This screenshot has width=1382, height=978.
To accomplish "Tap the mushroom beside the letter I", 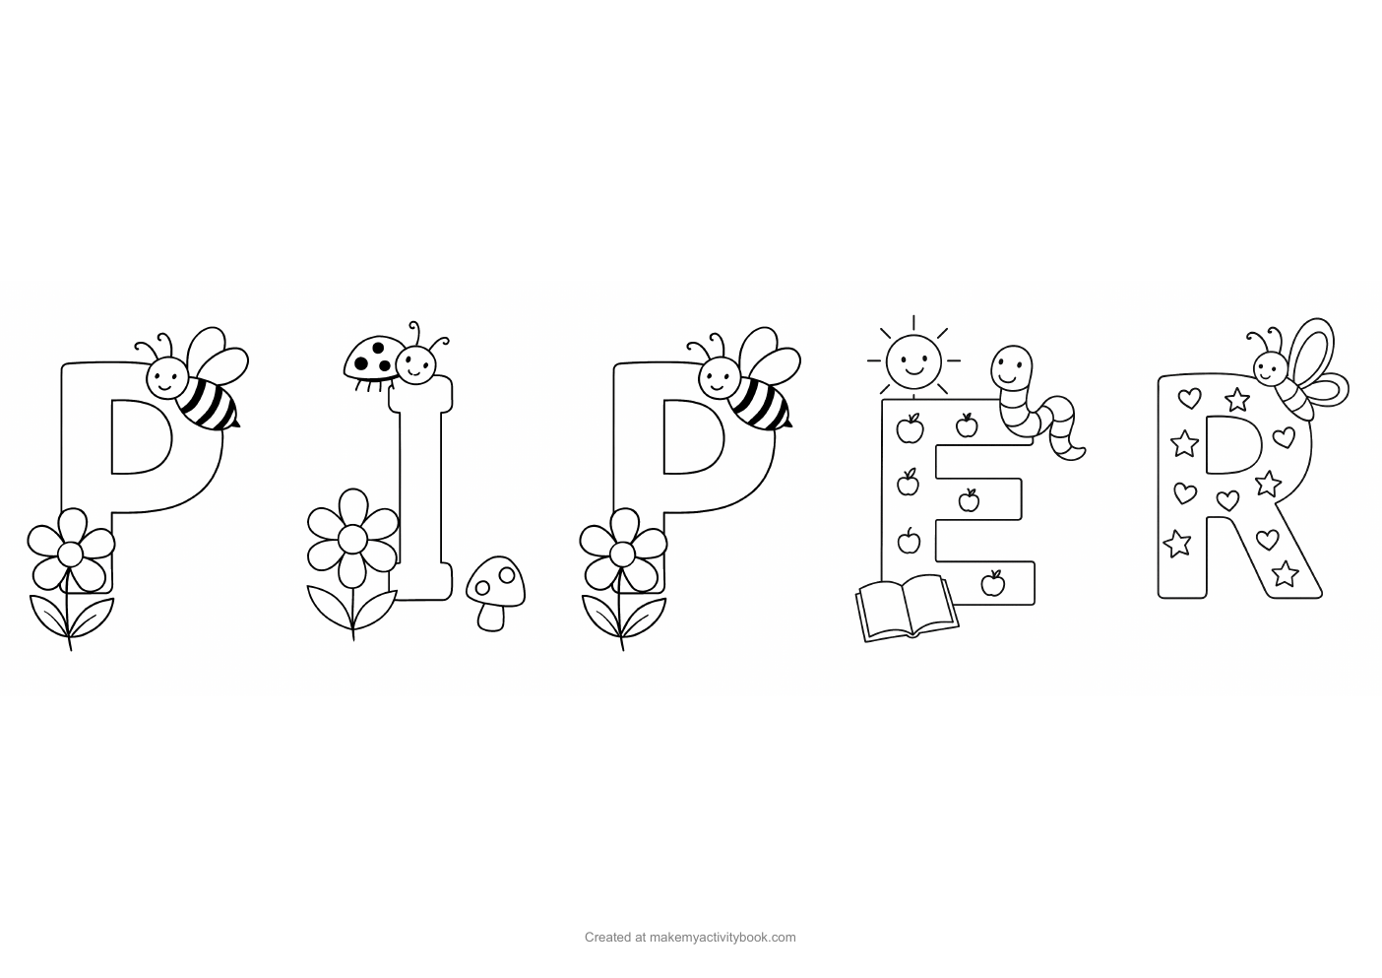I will click(x=494, y=589).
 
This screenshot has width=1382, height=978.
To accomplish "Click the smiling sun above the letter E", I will click(x=912, y=360).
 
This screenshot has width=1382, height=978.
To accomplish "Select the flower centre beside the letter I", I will click(x=352, y=538).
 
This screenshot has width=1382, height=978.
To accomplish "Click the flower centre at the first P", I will click(x=70, y=554).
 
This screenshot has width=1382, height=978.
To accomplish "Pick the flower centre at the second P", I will click(x=621, y=554).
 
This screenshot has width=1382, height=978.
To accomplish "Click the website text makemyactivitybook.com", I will click(x=722, y=938).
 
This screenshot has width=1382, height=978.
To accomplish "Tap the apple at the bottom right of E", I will click(x=993, y=584).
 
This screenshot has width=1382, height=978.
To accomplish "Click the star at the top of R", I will click(x=1237, y=400).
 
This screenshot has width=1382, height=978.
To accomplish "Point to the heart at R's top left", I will click(x=1190, y=399).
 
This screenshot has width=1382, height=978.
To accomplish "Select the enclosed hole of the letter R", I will click(x=1231, y=444).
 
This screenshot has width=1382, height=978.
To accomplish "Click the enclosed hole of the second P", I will click(x=691, y=437).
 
